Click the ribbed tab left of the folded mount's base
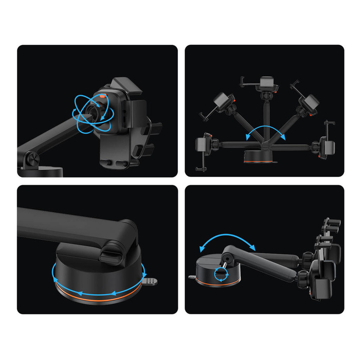coord(192,276)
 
